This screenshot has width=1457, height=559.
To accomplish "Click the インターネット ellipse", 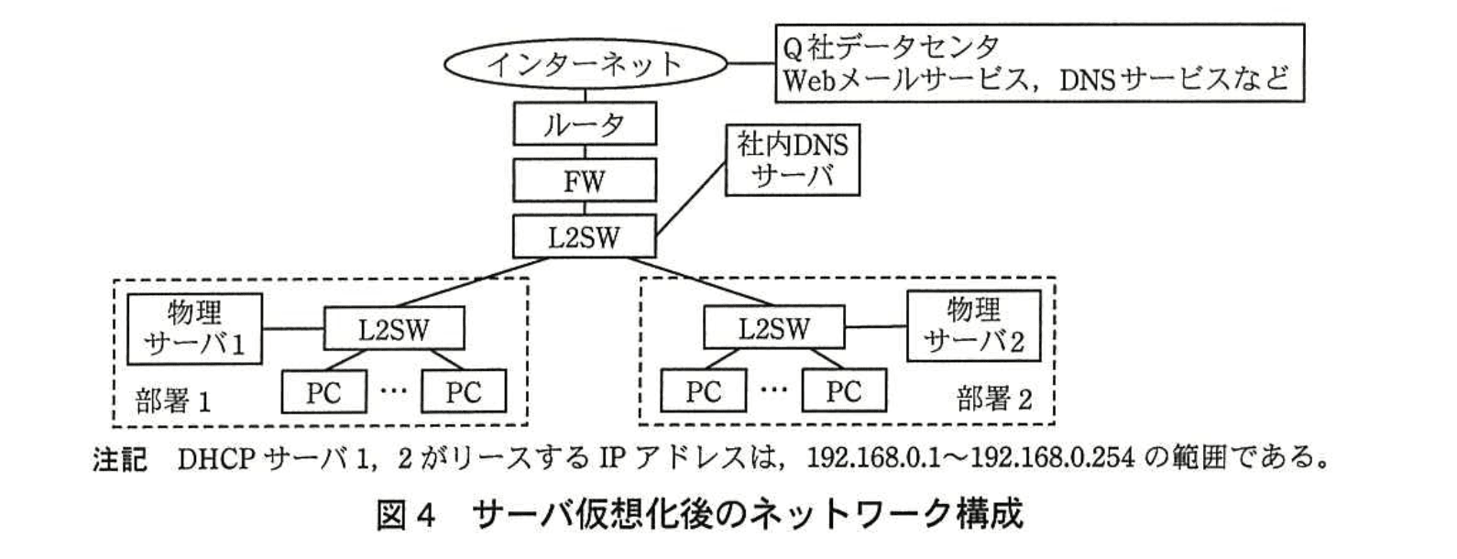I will [585, 64].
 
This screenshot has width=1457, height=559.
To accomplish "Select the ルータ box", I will [585, 124].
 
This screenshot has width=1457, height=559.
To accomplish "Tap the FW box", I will [585, 181].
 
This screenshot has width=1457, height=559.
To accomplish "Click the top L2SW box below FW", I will [585, 237].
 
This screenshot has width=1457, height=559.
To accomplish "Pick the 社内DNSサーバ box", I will [793, 160].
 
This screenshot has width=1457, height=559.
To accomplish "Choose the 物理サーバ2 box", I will [973, 327].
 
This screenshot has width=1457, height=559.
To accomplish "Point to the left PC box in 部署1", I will [323, 392].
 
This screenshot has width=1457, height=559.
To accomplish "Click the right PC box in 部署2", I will [843, 392].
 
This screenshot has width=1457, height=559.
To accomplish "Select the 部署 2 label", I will [994, 400].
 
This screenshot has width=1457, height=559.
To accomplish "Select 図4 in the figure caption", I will [404, 515].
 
